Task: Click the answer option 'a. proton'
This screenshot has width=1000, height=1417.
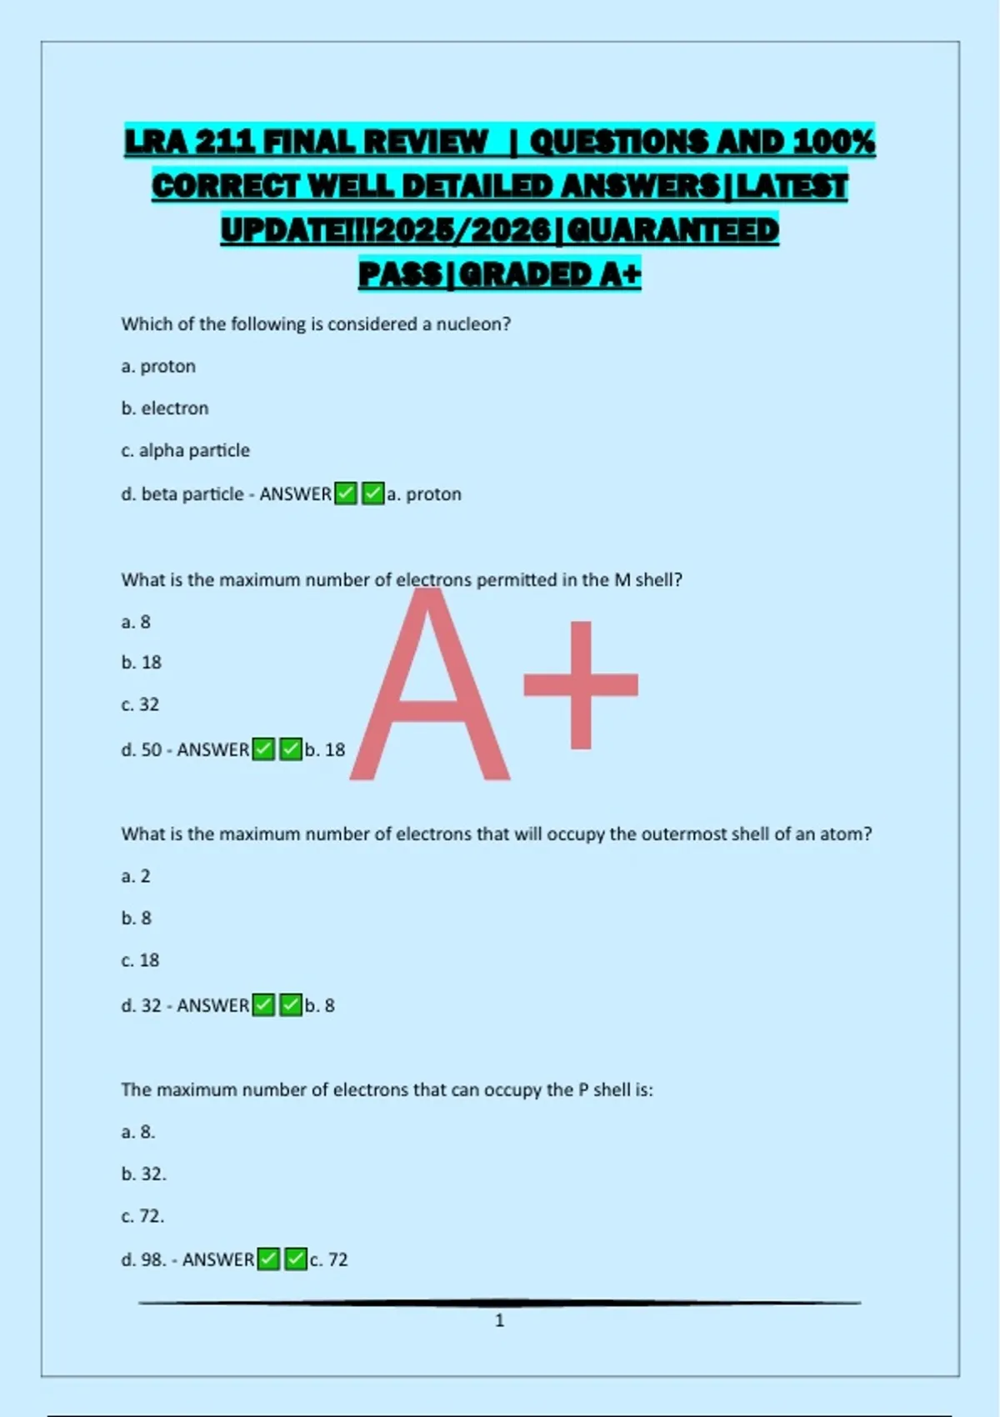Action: pyautogui.click(x=158, y=367)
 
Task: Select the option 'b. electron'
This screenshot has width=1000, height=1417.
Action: pyautogui.click(x=165, y=408)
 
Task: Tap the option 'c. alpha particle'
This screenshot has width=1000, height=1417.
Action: pyautogui.click(x=185, y=451)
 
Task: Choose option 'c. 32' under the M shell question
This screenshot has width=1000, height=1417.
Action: pyautogui.click(x=140, y=705)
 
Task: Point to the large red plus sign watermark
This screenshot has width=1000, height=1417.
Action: pyautogui.click(x=581, y=685)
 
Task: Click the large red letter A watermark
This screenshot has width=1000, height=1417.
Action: pyautogui.click(x=429, y=692)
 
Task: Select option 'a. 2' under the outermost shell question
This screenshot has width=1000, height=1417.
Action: pyautogui.click(x=136, y=876)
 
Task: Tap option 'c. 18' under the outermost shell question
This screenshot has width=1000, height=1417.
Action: pyautogui.click(x=140, y=960)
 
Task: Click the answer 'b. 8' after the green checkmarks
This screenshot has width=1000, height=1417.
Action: pyautogui.click(x=320, y=1006)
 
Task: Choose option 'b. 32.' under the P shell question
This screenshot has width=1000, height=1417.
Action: pyautogui.click(x=144, y=1174)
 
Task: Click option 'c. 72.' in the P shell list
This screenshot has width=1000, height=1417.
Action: pyautogui.click(x=143, y=1217)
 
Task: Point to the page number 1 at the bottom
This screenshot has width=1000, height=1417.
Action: pyautogui.click(x=500, y=1320)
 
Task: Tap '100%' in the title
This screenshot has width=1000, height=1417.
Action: pyautogui.click(x=833, y=142)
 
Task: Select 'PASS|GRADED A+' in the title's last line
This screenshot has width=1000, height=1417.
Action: pyautogui.click(x=500, y=273)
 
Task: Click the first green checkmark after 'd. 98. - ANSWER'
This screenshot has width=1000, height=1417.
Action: pyautogui.click(x=268, y=1259)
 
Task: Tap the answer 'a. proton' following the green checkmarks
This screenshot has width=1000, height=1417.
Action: pyautogui.click(x=424, y=494)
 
